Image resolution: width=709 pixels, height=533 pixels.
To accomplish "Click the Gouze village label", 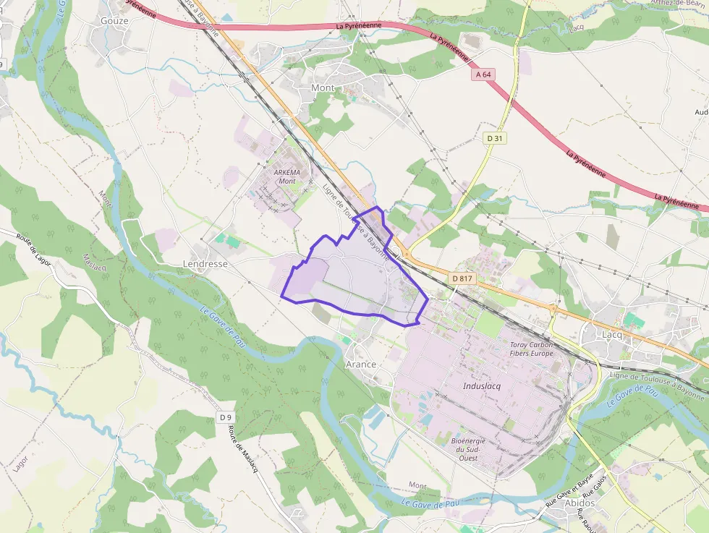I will click(114, 21).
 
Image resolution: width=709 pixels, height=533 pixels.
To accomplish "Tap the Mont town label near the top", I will click(323, 88).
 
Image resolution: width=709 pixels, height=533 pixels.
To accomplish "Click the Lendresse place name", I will click(205, 264).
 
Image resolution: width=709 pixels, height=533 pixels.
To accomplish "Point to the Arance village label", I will click(361, 364).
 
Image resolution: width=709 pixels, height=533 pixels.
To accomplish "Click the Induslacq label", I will click(482, 386).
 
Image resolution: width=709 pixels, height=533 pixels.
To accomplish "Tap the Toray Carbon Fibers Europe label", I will click(532, 349).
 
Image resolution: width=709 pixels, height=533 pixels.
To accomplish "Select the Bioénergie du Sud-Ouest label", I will click(468, 449).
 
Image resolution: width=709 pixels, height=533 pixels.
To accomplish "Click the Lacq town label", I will click(612, 335).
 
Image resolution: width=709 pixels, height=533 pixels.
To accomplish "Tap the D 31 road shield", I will click(495, 137).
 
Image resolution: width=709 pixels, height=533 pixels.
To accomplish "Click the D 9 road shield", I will click(226, 417).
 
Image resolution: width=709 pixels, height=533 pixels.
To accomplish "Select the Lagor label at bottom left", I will click(20, 460).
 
